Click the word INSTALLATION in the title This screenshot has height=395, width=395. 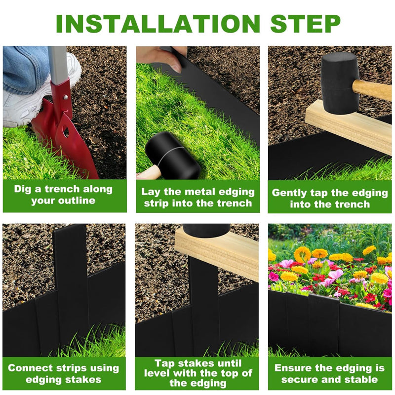click(x=157, y=23)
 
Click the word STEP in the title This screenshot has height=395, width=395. click(x=305, y=23)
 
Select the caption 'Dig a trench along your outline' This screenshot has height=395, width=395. click(x=63, y=195)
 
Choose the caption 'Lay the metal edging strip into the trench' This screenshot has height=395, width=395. click(x=197, y=197)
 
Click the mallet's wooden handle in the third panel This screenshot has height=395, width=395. click(x=373, y=90)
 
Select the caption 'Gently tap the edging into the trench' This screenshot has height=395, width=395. click(x=330, y=198)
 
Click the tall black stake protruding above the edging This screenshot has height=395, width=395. click(x=71, y=276)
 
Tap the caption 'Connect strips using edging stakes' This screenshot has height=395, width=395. click(x=63, y=374)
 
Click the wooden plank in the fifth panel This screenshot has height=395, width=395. click(x=217, y=252)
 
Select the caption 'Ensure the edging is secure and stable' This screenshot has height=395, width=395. click(x=330, y=374)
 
